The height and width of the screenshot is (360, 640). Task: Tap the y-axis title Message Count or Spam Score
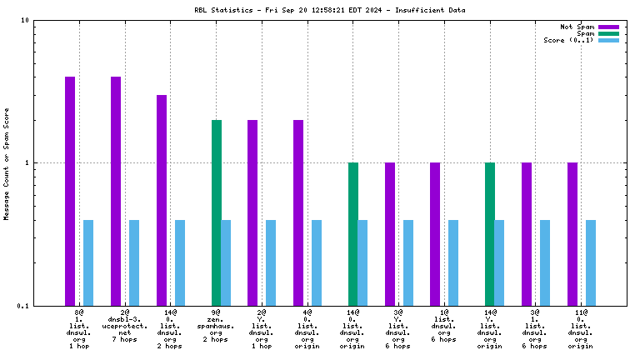[7, 163]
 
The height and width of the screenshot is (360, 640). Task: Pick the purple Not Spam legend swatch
[608, 27]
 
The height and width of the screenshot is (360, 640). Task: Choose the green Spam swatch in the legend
[608, 33]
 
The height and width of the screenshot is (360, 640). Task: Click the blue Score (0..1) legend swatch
[608, 40]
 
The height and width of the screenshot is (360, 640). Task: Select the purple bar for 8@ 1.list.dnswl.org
[70, 191]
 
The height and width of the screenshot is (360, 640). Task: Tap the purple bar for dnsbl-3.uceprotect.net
[116, 191]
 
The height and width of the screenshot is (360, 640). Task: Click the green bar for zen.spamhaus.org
[217, 212]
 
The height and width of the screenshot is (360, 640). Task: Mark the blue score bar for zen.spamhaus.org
[226, 262]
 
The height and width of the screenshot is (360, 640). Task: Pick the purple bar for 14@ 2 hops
[162, 200]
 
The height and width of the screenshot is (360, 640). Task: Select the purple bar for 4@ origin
[298, 212]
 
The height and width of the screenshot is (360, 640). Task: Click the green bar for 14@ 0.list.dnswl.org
[353, 234]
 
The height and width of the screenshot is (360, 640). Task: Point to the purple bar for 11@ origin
[572, 234]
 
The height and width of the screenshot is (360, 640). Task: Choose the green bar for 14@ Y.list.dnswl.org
[490, 234]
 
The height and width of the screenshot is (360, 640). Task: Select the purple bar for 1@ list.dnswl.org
[435, 234]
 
